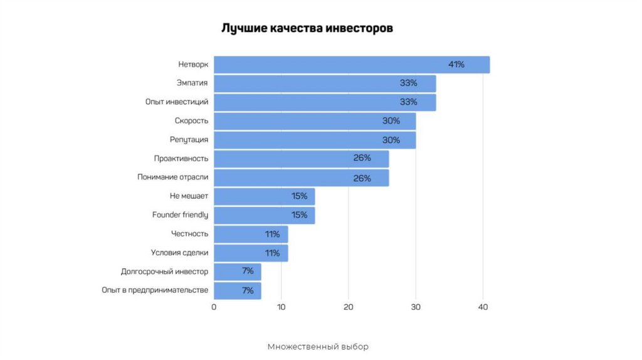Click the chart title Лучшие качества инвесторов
click(x=307, y=29)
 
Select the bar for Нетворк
click(x=351, y=65)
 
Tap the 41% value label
click(x=456, y=65)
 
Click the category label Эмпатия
click(x=192, y=83)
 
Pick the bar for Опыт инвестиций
click(x=324, y=102)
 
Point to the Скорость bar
click(x=314, y=121)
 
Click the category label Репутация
click(x=189, y=139)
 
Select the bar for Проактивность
click(x=301, y=159)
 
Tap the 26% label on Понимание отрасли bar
click(x=362, y=178)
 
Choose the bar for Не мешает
click(x=264, y=196)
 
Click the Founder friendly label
click(x=180, y=215)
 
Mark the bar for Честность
click(x=251, y=234)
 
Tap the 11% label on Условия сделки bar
click(x=272, y=253)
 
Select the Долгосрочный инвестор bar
click(x=237, y=272)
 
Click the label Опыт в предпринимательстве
click(x=154, y=290)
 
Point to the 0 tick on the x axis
click(x=214, y=307)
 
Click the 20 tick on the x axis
click(x=349, y=307)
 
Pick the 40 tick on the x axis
click(x=483, y=307)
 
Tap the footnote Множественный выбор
click(x=318, y=347)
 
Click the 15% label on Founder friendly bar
click(x=299, y=215)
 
